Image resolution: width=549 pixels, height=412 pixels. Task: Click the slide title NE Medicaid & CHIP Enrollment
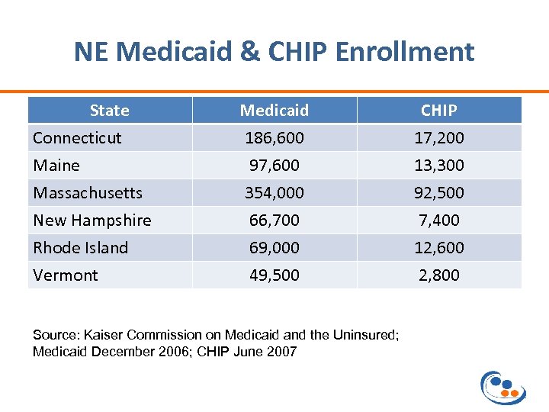(274, 52)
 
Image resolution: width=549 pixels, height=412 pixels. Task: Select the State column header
(109, 111)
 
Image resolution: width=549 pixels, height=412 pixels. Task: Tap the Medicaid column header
(274, 111)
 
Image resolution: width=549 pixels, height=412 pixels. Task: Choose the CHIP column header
(439, 111)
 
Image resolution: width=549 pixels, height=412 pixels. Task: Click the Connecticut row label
(77, 138)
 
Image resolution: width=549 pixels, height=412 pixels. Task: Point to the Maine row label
(56, 166)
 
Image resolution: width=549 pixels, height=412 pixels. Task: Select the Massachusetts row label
(87, 193)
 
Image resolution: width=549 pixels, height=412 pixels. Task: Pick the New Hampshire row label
(92, 220)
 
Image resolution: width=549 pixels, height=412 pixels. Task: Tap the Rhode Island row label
(80, 248)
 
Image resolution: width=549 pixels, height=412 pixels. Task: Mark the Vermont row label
(66, 275)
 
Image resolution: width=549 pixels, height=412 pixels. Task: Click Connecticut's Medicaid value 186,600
(274, 138)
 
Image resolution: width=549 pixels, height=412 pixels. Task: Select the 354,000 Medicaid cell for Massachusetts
(274, 193)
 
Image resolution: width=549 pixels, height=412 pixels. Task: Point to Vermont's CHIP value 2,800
(439, 275)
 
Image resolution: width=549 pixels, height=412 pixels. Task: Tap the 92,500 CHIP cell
(439, 193)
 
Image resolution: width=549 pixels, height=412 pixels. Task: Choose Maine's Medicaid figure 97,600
(274, 166)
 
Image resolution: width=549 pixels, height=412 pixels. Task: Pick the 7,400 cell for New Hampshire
(439, 220)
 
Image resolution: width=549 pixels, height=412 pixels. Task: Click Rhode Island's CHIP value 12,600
(439, 248)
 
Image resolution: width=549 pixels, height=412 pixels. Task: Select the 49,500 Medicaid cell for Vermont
(274, 275)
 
